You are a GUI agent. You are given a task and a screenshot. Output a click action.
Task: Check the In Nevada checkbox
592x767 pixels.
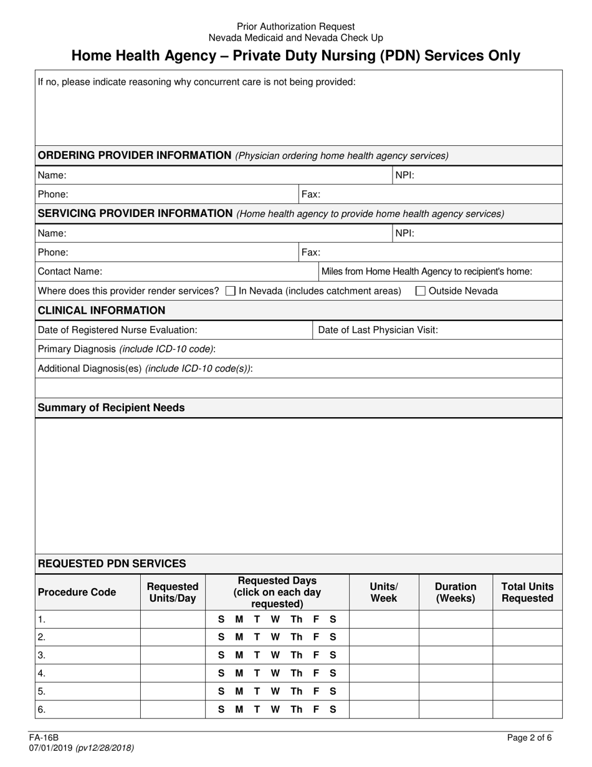coord(230,291)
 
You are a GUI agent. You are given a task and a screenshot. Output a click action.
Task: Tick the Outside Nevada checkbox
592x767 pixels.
coord(421,291)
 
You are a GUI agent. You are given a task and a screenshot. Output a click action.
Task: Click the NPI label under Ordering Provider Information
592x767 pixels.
coord(405,175)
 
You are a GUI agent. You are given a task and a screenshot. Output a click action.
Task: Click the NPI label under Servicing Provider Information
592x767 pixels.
coord(405,233)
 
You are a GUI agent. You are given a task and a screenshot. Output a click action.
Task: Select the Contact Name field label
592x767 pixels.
coord(70,271)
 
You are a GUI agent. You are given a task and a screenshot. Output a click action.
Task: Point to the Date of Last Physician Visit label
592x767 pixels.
coord(378,330)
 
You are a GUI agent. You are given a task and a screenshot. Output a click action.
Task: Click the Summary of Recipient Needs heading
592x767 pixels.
coord(111,407)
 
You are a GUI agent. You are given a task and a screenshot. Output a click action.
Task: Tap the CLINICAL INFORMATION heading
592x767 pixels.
coord(102,311)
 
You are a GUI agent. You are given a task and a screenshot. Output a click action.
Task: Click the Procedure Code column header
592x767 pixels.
coord(77,592)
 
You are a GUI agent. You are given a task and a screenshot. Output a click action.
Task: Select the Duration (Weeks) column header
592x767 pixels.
coord(456,592)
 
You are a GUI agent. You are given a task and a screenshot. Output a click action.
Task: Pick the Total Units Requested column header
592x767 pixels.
coord(527,592)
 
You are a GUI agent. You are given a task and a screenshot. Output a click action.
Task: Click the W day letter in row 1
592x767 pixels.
coord(275,619)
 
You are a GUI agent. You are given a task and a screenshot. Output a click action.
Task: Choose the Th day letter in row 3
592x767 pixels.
coord(297,655)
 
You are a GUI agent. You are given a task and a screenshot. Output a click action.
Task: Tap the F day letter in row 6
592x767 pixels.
coord(316,709)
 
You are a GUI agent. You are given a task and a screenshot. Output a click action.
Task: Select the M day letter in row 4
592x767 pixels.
coord(239,673)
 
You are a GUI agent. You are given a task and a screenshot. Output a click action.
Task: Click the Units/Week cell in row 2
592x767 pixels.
coord(383,637)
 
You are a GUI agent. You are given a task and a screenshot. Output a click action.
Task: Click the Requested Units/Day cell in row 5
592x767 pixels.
coord(173,691)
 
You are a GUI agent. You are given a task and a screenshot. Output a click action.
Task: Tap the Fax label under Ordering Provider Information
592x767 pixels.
coord(311,194)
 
